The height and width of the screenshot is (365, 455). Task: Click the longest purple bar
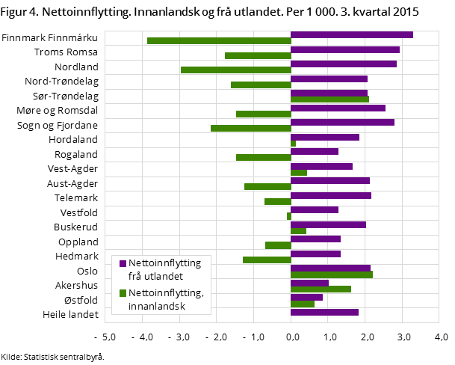[x=351, y=34]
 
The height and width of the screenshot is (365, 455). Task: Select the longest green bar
[x=219, y=40]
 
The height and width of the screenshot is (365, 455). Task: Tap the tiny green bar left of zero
[x=288, y=216]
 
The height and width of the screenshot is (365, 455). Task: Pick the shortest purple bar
[x=306, y=297]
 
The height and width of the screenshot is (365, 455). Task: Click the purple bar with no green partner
[x=324, y=312]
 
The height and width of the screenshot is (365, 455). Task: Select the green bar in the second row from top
[x=258, y=55]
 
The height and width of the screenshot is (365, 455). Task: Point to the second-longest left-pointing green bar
[x=235, y=70]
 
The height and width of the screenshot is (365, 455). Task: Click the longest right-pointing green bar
[x=332, y=274]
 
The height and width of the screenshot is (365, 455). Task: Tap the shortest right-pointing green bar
[x=293, y=143]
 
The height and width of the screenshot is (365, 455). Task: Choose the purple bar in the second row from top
[x=344, y=49]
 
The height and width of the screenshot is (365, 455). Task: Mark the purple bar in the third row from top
[x=343, y=64]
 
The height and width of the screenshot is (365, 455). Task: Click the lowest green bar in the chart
[x=302, y=304]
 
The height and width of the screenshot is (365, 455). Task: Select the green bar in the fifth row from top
[x=329, y=99]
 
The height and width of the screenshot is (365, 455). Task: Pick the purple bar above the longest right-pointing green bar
[x=330, y=268]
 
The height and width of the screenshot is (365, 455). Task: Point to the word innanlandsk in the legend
[x=156, y=306]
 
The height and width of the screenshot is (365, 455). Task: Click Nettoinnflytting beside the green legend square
[x=165, y=293]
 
